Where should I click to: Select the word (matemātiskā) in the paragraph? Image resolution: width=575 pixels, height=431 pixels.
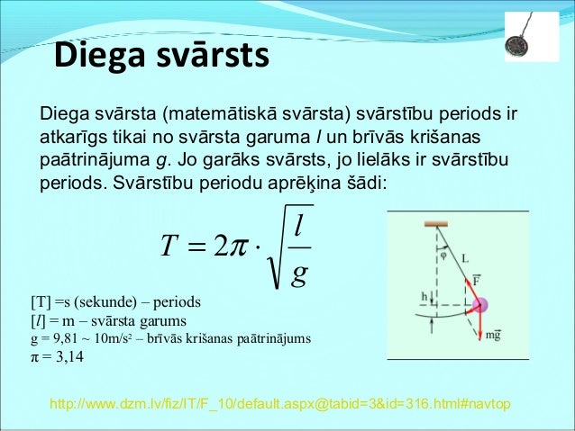[232, 115]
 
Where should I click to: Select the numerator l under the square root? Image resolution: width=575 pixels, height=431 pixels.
[298, 225]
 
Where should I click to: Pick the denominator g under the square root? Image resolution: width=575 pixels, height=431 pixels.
[298, 272]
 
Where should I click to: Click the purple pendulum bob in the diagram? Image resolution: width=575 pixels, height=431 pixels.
[479, 305]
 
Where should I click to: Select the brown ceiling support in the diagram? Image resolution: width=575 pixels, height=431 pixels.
[438, 221]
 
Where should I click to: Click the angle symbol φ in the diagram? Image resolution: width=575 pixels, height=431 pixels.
[443, 253]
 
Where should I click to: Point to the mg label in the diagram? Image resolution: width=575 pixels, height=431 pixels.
[493, 336]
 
